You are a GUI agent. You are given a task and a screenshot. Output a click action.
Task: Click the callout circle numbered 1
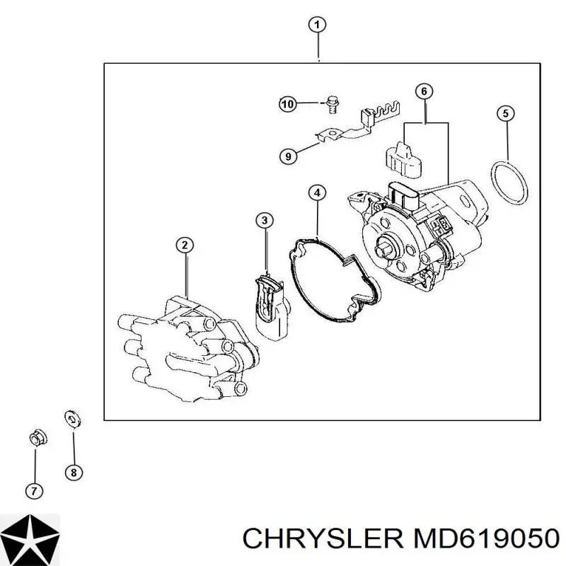pyautogui.click(x=317, y=25)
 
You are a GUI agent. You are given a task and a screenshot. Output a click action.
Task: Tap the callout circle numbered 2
pyautogui.click(x=185, y=246)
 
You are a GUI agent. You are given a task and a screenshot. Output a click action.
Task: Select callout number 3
pyautogui.click(x=265, y=220)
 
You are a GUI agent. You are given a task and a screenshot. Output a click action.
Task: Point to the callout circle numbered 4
pyautogui.click(x=317, y=192)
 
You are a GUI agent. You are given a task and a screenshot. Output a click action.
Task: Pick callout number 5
pyautogui.click(x=505, y=114)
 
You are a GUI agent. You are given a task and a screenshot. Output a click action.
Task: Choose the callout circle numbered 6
pyautogui.click(x=424, y=92)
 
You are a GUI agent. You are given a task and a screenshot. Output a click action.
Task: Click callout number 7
pyautogui.click(x=34, y=491)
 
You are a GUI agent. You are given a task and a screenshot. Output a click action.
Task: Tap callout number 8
pyautogui.click(x=74, y=472)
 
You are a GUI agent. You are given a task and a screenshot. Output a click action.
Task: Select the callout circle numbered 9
pyautogui.click(x=288, y=156)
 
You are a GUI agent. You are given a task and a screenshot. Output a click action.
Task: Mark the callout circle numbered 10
pyautogui.click(x=288, y=104)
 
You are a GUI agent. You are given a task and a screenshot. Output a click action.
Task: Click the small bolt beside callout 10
pyautogui.click(x=332, y=104)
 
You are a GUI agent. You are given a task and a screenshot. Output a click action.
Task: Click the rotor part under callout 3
pyautogui.click(x=272, y=308)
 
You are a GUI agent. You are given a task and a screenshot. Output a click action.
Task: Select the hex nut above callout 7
pyautogui.click(x=38, y=438)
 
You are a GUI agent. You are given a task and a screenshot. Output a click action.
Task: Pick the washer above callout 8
pyautogui.click(x=73, y=419)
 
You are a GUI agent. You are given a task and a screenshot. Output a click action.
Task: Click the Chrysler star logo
pyautogui.click(x=30, y=539)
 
